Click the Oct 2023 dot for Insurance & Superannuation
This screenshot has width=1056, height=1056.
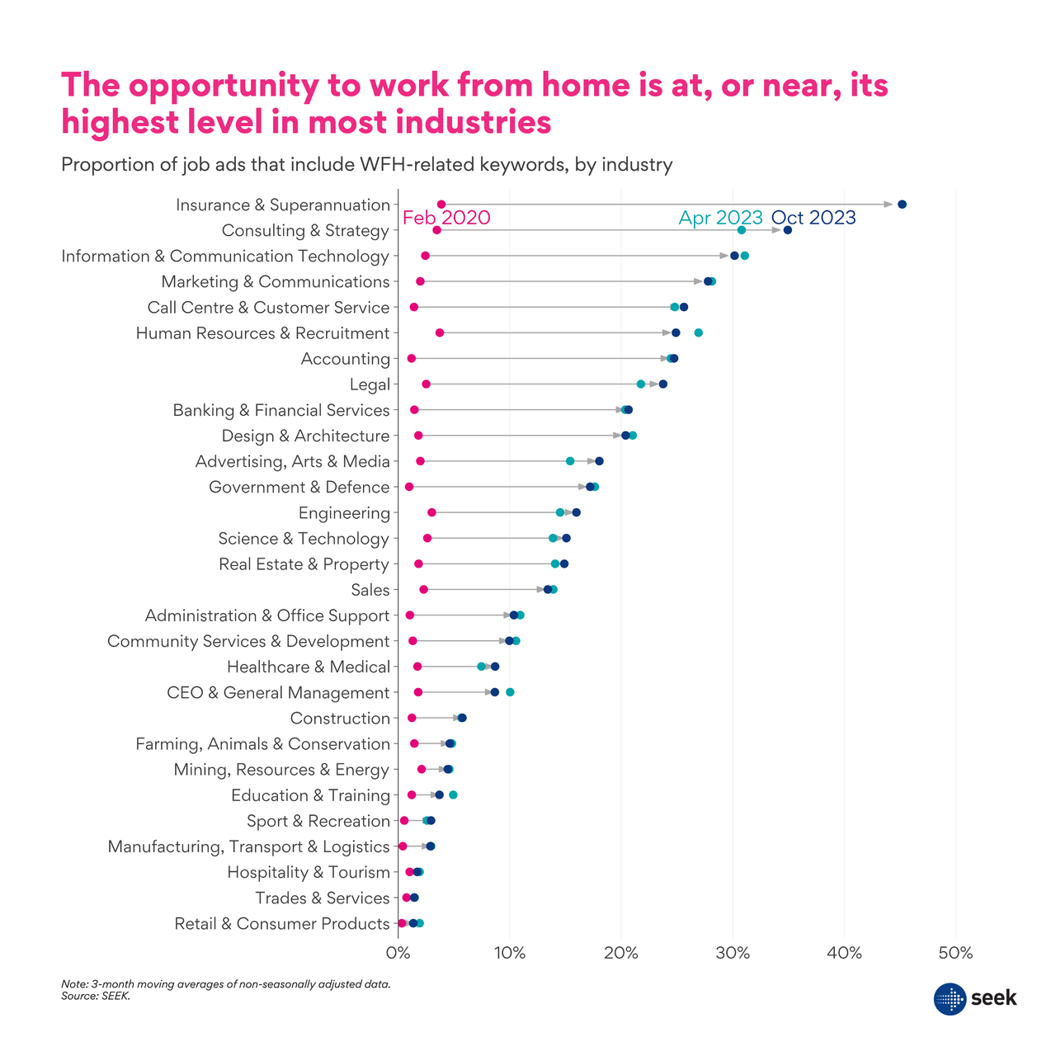tap(902, 205)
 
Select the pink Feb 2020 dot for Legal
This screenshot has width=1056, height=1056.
tap(426, 384)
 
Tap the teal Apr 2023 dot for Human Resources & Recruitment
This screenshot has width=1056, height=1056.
tap(699, 332)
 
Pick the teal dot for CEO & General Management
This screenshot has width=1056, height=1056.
tap(510, 692)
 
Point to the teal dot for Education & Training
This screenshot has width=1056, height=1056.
tap(453, 795)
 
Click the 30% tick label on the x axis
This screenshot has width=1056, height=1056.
tap(733, 954)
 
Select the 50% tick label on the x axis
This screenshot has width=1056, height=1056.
tap(955, 954)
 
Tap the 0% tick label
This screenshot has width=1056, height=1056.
tap(398, 954)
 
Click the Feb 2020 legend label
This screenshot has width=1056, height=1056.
tap(446, 218)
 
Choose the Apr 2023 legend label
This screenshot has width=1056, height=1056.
tap(720, 218)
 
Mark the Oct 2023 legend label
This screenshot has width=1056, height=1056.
tap(813, 218)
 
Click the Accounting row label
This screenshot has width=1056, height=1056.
tap(345, 359)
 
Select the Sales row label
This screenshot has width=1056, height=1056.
tap(370, 590)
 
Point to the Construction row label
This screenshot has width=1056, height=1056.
tap(340, 719)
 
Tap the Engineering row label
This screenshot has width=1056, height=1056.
tap(344, 513)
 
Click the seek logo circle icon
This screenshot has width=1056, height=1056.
tap(950, 999)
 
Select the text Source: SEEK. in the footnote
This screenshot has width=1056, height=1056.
tap(96, 996)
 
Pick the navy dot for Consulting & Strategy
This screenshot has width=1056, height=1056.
tap(787, 230)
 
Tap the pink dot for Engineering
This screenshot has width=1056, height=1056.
tap(431, 513)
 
